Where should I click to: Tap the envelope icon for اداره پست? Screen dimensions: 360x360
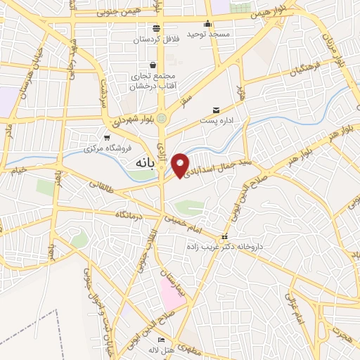click(x=216, y=110)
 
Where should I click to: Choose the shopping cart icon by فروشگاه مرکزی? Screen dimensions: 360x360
click(x=106, y=138)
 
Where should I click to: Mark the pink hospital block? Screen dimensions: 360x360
click(x=172, y=292)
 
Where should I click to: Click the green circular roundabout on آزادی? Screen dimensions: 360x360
click(x=162, y=118)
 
